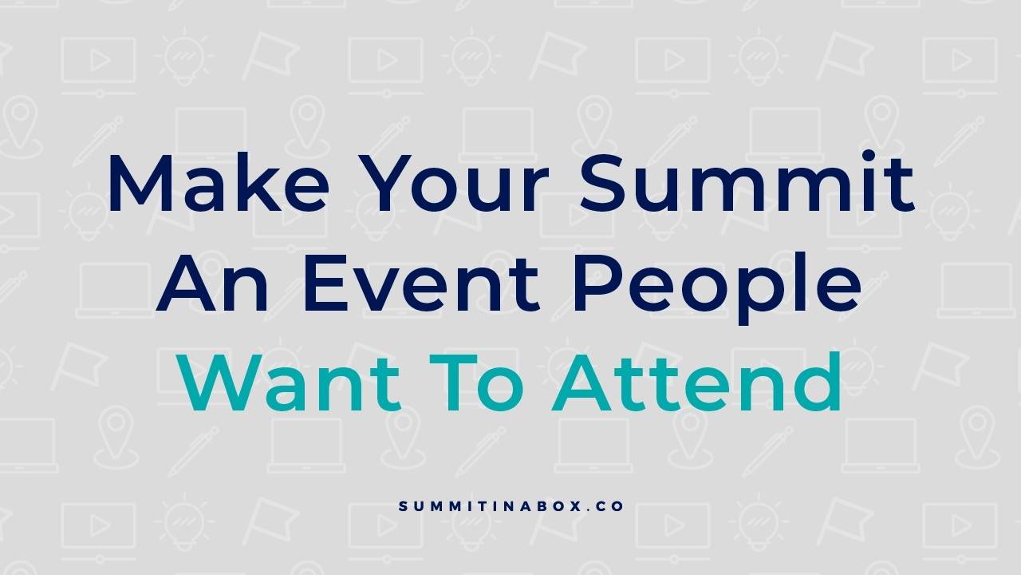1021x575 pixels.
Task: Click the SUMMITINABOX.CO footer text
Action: [510, 506]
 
